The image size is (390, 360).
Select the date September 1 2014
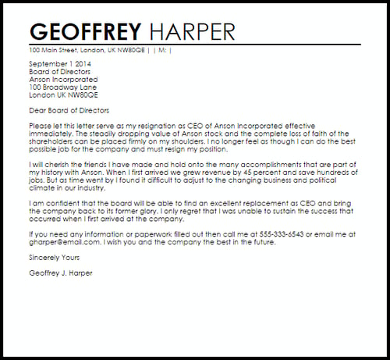point(59,63)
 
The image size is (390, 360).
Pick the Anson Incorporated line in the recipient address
point(63,79)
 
